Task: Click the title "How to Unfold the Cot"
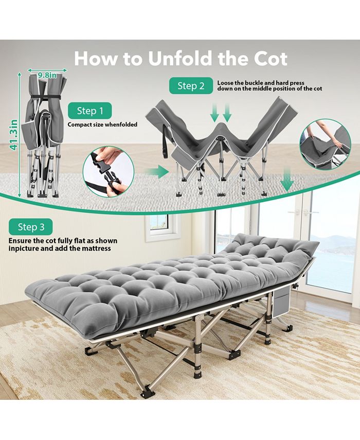point(180,58)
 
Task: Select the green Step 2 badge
point(191,86)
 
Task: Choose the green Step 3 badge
point(31,227)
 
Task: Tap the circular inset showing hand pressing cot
point(326,144)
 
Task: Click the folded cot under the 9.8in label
point(45,139)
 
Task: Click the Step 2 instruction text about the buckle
point(269,85)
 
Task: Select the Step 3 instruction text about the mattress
point(63,244)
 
